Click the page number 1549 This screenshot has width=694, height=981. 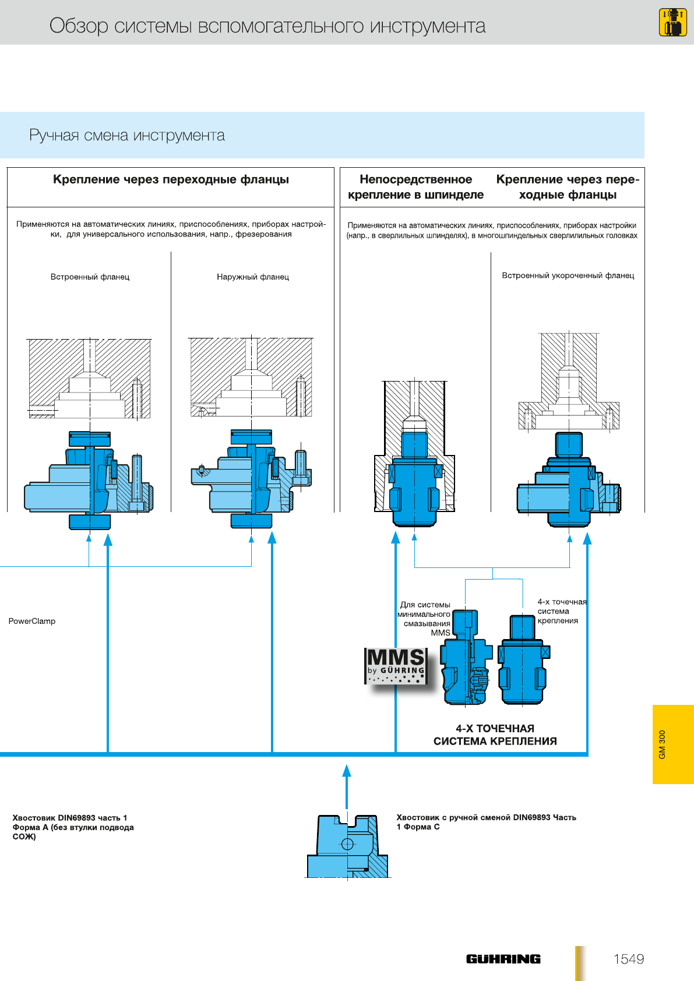pos(628,959)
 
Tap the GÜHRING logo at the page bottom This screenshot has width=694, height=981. pos(503,959)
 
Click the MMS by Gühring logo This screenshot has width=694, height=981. pos(396,665)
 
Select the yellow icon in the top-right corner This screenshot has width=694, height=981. pos(672,22)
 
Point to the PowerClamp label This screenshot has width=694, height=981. pos(32,621)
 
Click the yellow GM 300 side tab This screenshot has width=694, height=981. pos(673,744)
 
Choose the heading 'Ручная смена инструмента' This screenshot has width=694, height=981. pos(127,135)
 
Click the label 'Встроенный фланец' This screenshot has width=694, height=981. pos(90,277)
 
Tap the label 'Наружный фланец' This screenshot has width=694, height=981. pos(253,277)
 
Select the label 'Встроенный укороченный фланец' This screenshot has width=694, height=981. pos(568,276)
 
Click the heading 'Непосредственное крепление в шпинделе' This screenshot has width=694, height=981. pos(415,187)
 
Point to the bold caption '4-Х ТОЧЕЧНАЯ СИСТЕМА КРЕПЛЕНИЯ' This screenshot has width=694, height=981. pos(495,735)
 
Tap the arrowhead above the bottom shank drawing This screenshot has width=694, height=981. pos(347,771)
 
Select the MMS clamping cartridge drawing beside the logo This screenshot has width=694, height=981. pos(465,658)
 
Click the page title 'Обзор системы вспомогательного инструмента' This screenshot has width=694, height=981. pos(267,26)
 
